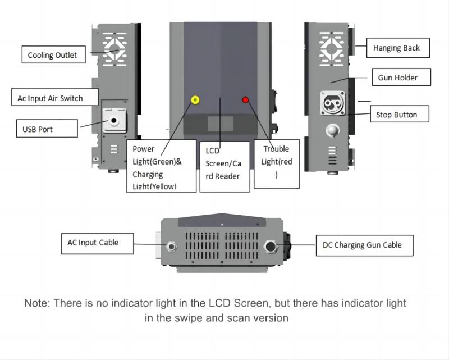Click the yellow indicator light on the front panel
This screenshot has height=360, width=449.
pos(195,100)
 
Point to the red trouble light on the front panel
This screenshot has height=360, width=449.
pos(245,100)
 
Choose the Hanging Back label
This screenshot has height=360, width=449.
pos(396,48)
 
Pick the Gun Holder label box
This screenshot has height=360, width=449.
pos(397,78)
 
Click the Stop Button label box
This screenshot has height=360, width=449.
pos(396,115)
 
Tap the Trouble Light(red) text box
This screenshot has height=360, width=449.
pos(276,162)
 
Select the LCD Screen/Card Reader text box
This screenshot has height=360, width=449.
pos(224,163)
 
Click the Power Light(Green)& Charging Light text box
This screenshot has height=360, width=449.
pos(162,166)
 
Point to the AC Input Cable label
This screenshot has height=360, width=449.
pos(93,243)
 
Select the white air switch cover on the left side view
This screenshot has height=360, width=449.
pos(114,120)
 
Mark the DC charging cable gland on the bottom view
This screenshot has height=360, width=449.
pos(272,245)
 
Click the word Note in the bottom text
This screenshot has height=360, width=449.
pos(36,303)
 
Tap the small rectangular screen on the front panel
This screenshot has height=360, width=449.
pos(221,124)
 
